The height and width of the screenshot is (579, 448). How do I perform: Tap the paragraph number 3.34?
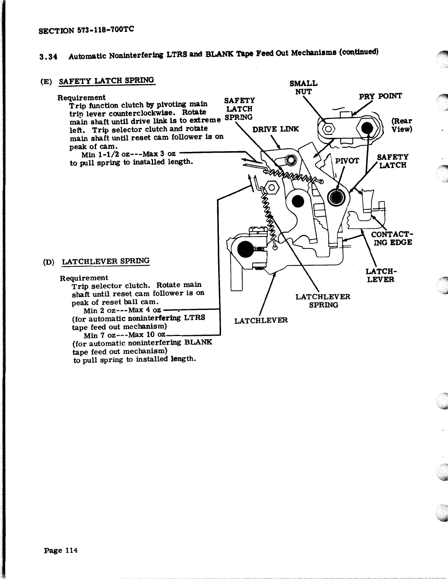[x=47, y=57]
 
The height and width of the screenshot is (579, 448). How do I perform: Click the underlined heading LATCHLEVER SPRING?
[x=106, y=261]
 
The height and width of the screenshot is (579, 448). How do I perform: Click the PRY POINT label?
[x=380, y=96]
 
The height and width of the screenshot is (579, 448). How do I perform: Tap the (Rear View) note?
[x=402, y=125]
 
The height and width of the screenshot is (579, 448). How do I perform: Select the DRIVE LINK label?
[x=276, y=129]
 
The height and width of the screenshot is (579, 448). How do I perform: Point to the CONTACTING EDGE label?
[x=391, y=238]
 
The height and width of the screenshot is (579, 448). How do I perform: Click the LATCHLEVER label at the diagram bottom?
[x=261, y=321]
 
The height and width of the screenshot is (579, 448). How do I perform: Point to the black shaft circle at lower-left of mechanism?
[x=244, y=249]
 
